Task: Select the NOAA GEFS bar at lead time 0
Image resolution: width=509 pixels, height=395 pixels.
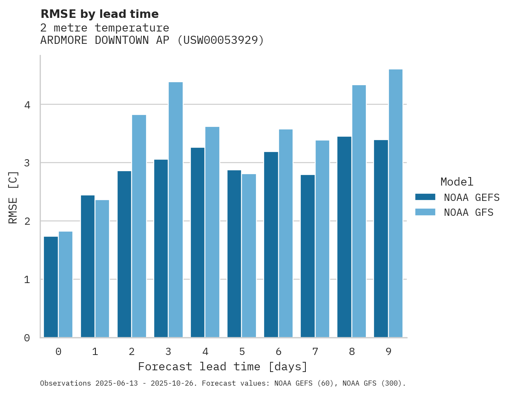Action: point(51,287)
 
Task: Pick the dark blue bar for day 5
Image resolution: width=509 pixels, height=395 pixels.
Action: point(234,254)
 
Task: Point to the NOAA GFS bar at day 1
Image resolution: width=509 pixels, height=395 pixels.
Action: point(102,269)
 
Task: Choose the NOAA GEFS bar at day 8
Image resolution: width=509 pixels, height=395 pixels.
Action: point(344,237)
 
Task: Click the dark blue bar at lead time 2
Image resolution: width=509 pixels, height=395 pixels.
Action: point(124,254)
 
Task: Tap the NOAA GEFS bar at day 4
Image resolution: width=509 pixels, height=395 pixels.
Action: point(198,243)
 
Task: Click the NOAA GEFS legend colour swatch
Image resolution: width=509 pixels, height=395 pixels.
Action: point(425,197)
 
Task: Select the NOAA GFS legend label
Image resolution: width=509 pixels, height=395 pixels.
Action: point(468,212)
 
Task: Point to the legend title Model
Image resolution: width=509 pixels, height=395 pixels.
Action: point(457,182)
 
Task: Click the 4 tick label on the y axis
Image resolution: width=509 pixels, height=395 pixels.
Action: point(27,105)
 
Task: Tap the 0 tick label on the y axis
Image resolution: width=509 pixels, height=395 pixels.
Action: point(27,338)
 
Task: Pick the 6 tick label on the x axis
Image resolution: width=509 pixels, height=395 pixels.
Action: point(279,352)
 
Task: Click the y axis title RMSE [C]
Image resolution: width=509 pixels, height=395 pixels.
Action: point(13,197)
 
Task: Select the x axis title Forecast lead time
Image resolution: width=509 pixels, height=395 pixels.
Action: point(222,366)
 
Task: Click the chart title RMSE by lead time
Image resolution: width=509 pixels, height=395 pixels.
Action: point(99,14)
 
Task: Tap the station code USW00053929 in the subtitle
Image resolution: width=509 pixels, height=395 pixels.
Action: point(221,40)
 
